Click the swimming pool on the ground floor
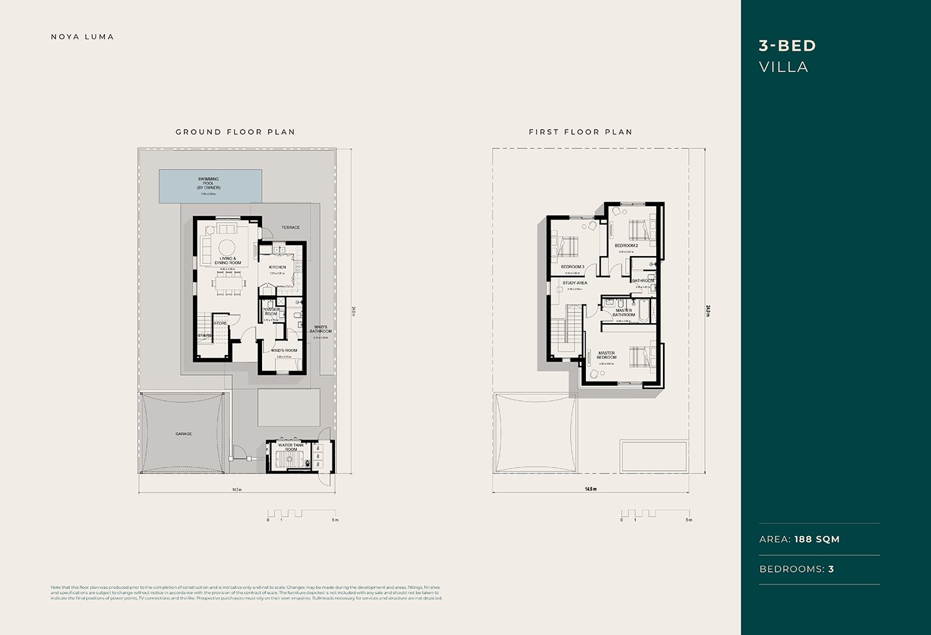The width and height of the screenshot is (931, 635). tap(210, 186)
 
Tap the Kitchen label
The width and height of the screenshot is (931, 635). tap(277, 267)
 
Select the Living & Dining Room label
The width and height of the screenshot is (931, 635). tap(227, 261)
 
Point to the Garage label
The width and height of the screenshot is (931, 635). tap(184, 434)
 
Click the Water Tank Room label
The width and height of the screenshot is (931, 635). tap(291, 447)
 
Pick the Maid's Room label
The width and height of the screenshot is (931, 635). tap(284, 350)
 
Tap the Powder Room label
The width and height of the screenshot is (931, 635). tap(271, 311)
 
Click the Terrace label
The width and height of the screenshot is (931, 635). tap(291, 227)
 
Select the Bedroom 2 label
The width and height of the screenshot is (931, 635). tap(626, 245)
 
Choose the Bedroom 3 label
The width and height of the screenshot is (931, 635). tap(573, 267)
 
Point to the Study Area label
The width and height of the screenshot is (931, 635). tap(575, 283)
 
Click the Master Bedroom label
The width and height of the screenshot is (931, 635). tap(606, 355)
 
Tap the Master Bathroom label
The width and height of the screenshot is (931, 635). tap(624, 313)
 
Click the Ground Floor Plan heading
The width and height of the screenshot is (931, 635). tap(235, 132)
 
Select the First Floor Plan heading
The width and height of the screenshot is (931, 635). tap(581, 132)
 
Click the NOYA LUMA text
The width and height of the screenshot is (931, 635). tap(82, 37)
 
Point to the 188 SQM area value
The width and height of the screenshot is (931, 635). tap(817, 539)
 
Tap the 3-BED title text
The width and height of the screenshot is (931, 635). tap(787, 45)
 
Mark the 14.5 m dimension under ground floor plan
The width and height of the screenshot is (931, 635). tap(237, 489)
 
